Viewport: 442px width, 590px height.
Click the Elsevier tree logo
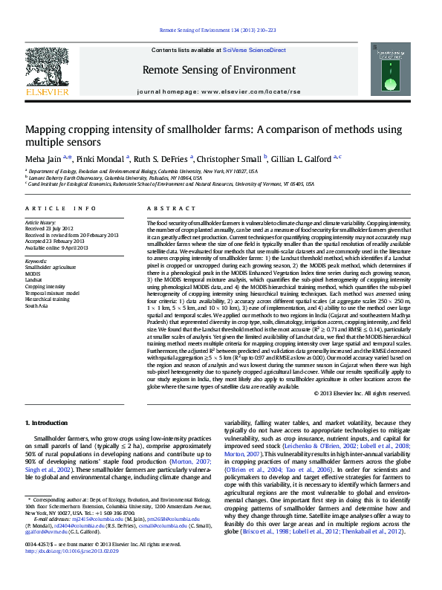coord(48,68)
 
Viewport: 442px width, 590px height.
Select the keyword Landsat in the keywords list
coord(35,279)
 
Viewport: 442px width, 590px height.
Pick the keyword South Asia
coord(36,305)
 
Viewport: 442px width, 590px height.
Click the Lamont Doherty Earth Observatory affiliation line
coord(115,178)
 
